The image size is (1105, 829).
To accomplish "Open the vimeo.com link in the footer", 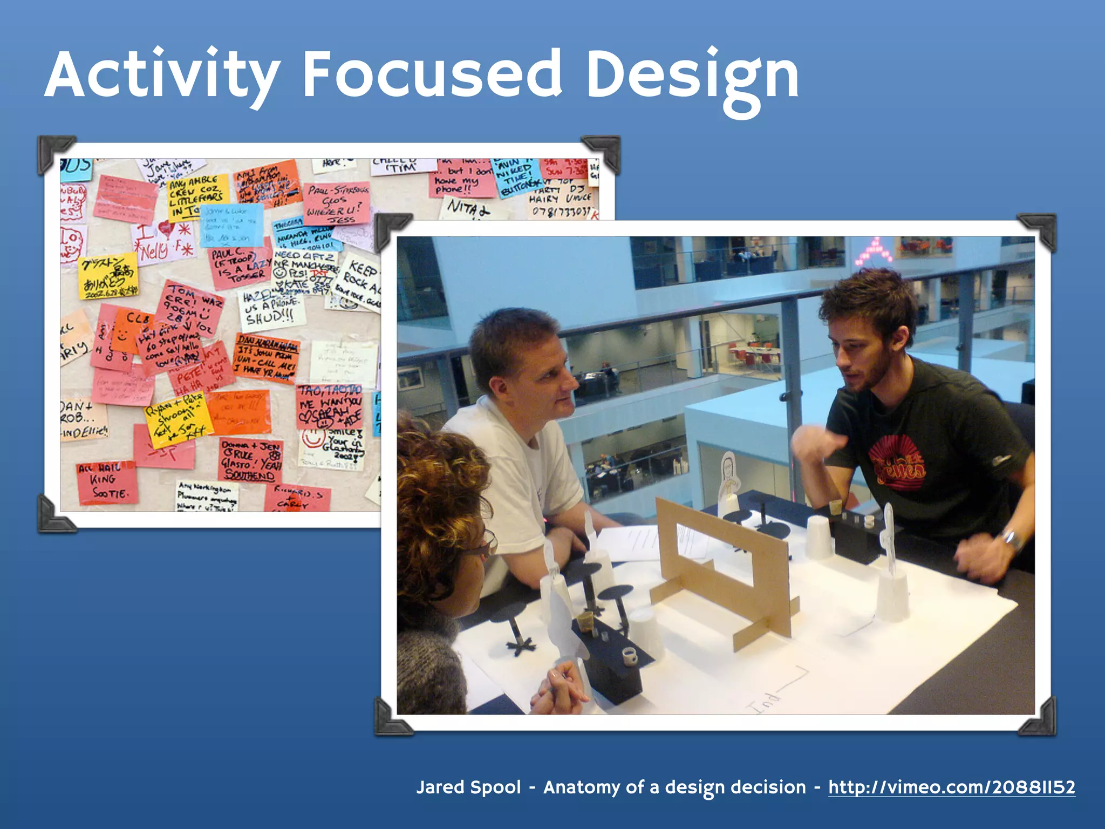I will click(951, 787).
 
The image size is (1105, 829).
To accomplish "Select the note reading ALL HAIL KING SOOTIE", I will click(106, 482).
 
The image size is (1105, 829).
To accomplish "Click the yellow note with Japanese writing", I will click(108, 275).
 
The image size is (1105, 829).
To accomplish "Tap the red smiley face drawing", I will click(312, 437).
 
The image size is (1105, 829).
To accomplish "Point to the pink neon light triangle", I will click(875, 252).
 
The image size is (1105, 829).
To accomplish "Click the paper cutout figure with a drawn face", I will click(728, 478).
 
